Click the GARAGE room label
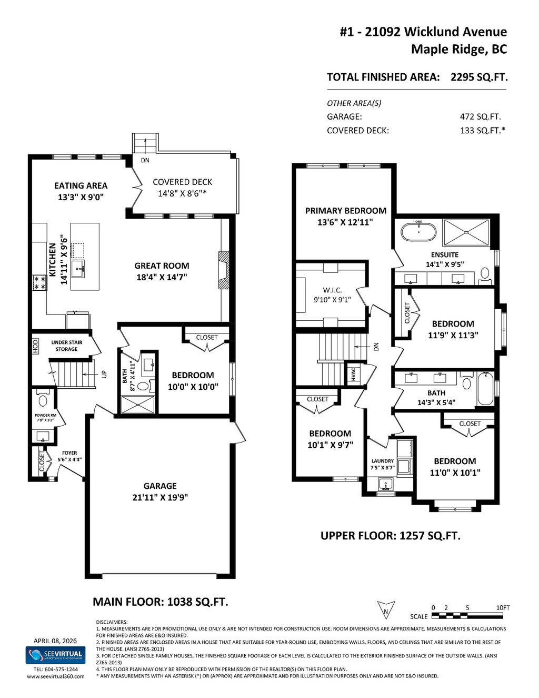pos(160,486)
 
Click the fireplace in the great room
pos(224,270)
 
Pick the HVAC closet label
pos(353,373)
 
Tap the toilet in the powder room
pos(43,401)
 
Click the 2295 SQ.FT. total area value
pos(479,77)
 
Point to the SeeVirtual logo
pos(55,655)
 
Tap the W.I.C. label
pos(332,290)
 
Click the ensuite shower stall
pos(466,232)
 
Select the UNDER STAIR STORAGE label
pos(67,346)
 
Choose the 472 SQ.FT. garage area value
pos(480,117)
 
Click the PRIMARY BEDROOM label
pos(345,211)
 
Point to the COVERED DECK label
pos(182,182)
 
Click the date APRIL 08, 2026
pos(55,641)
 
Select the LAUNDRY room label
pos(382,461)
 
